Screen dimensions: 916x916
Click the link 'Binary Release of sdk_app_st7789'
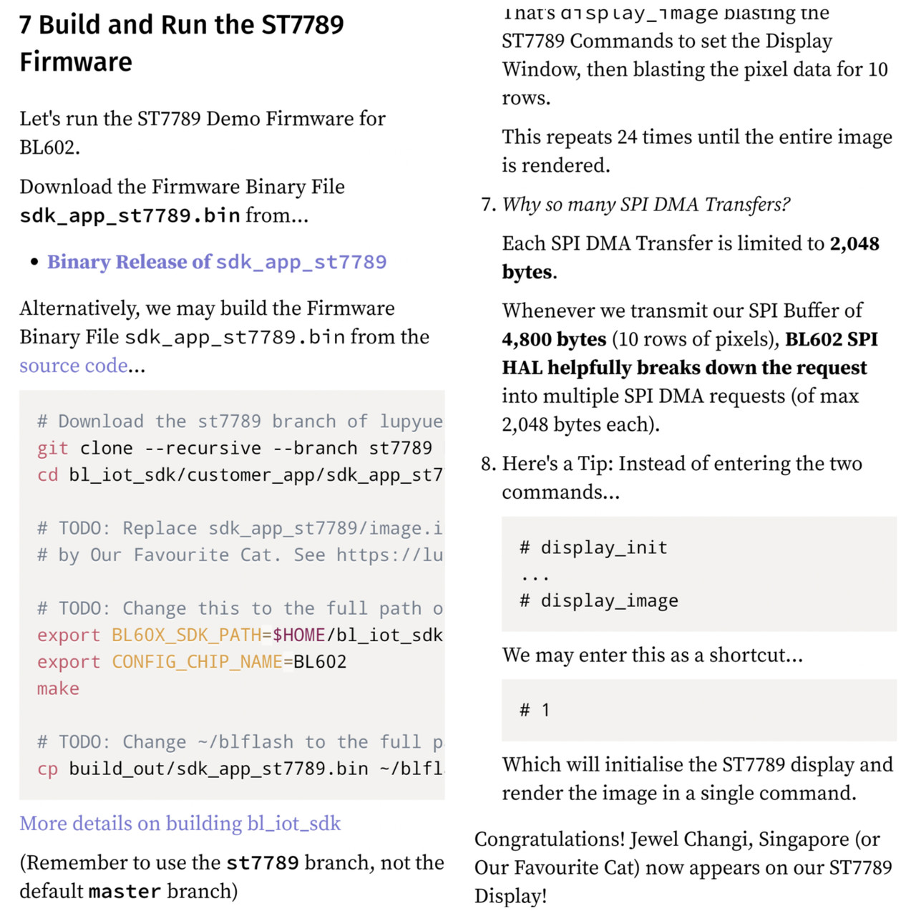coord(217,262)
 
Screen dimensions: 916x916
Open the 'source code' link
coord(74,366)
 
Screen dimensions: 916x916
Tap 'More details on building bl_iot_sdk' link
coord(180,824)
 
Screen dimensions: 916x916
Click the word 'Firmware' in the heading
coord(76,62)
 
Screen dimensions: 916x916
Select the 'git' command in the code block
coord(52,448)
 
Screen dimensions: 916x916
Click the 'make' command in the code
coord(58,688)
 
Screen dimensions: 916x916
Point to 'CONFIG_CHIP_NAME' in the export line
coord(197,662)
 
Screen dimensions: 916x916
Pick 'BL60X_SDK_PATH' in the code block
coord(186,635)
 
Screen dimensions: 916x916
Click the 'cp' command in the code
coord(47,769)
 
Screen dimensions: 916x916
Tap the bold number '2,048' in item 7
coord(854,244)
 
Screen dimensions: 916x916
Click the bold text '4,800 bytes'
coord(554,339)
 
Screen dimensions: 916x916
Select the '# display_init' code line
coord(593,547)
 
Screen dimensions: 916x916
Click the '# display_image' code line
coord(598,601)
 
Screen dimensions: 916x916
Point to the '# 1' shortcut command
coord(535,710)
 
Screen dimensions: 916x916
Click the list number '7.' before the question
coord(488,205)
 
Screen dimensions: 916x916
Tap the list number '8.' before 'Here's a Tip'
coord(488,464)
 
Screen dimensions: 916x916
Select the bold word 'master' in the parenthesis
coord(125,892)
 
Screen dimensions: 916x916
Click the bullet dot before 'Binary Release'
coord(34,263)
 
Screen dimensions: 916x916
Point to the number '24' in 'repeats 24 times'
coord(627,137)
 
